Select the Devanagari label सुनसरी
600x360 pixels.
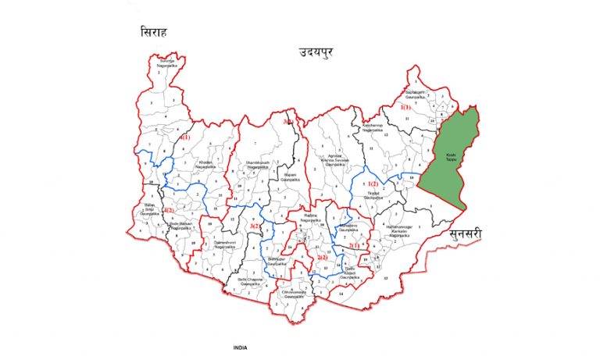[468, 233]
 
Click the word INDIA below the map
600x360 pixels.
[241, 347]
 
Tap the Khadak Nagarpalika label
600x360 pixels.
[205, 164]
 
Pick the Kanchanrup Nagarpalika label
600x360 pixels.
[373, 128]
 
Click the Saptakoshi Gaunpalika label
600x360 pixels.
[416, 93]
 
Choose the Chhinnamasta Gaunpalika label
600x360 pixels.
[292, 294]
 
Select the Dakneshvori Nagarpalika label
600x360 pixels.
[206, 244]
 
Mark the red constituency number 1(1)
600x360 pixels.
[405, 106]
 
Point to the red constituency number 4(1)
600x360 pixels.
[185, 137]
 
